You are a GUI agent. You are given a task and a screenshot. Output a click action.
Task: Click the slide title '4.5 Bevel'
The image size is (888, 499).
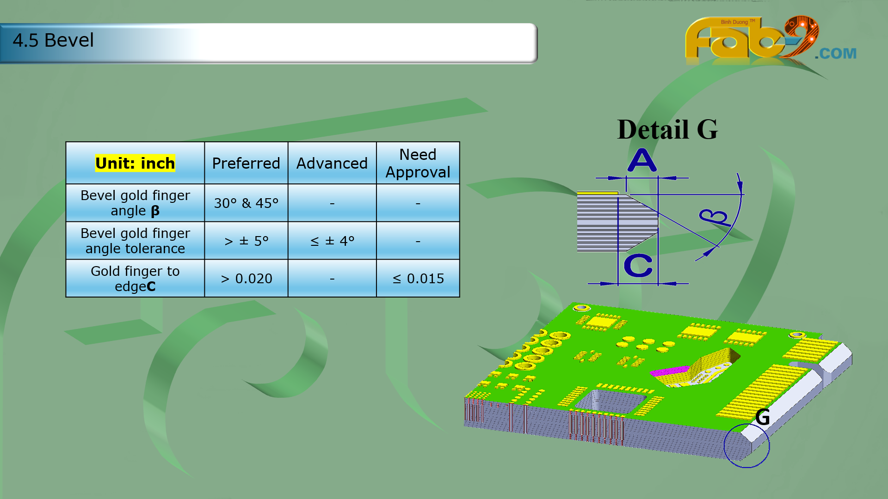point(53,41)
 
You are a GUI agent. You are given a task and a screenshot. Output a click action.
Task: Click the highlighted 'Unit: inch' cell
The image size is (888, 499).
point(135,163)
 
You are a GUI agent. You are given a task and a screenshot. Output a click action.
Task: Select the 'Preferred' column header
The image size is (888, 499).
point(246,163)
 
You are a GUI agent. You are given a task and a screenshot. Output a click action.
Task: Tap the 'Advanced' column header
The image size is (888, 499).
point(332,163)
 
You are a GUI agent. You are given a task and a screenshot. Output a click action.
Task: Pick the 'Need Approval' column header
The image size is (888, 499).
point(418,163)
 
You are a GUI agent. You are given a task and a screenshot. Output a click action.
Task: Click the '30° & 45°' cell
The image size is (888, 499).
point(246,203)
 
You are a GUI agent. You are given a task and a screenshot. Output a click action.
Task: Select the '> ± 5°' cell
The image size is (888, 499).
point(246,241)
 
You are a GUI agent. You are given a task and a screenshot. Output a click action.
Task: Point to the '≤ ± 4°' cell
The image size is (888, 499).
point(332,241)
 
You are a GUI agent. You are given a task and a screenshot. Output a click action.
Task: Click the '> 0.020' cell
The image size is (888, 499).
point(246,279)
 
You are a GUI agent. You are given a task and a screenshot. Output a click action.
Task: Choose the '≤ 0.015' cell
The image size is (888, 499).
point(418,279)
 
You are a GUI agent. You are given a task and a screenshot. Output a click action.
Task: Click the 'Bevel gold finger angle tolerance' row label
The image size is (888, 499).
point(135,241)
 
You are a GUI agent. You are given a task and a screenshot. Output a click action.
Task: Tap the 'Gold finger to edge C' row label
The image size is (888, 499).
point(135,279)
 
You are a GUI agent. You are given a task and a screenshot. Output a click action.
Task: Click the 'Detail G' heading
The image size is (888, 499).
point(667,129)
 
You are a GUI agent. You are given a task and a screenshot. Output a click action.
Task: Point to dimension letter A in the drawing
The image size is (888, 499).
point(642,160)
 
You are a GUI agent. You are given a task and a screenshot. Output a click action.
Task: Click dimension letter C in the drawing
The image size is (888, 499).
point(638,266)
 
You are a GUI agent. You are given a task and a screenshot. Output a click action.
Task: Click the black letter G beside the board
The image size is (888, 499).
point(762,417)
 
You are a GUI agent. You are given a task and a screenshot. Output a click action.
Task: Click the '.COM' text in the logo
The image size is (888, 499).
point(835,54)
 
